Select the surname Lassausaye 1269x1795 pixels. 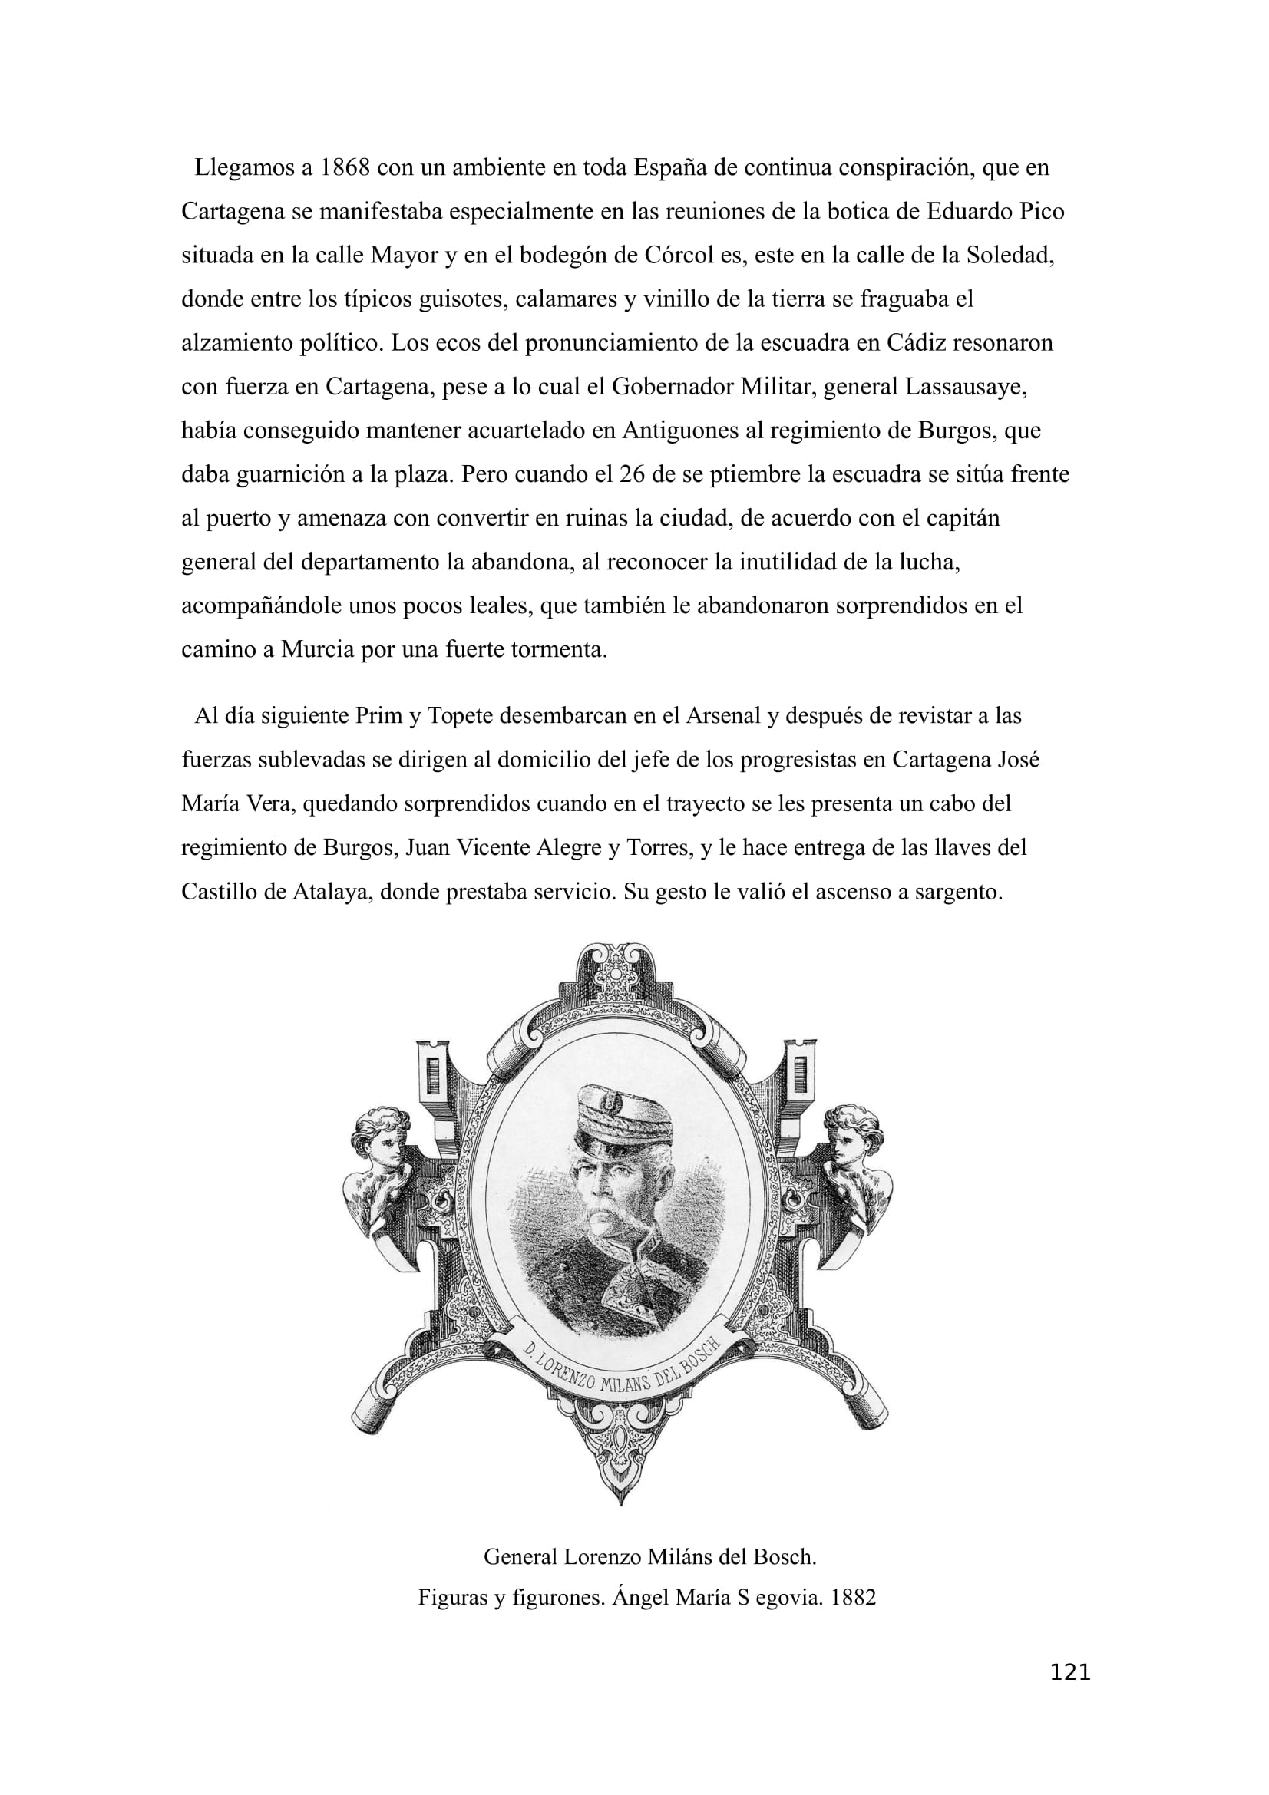(x=965, y=387)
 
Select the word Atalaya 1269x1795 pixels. (x=332, y=892)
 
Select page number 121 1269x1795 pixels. (x=1069, y=1694)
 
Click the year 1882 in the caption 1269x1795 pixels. (x=853, y=1597)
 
